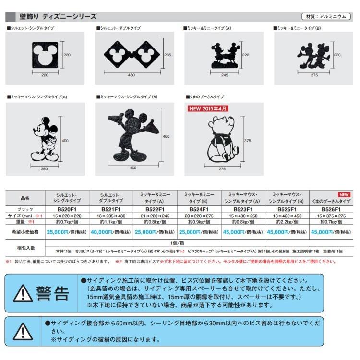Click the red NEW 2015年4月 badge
pyautogui.click(x=208, y=108)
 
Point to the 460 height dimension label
pyautogui.click(x=166, y=137)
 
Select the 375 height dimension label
pyautogui.click(x=247, y=141)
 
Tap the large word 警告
pyautogui.click(x=54, y=292)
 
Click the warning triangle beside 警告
pyautogui.click(x=23, y=292)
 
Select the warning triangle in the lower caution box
pyautogui.click(x=23, y=330)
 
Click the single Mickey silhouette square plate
pyautogui.click(x=48, y=55)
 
